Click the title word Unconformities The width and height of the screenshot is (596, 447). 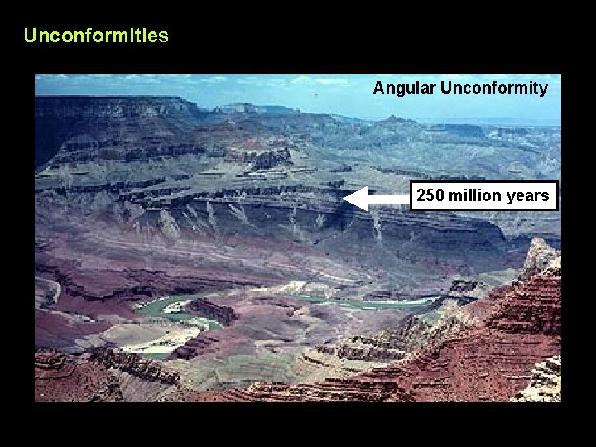pyautogui.click(x=96, y=36)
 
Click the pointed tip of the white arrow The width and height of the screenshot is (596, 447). pyautogui.click(x=344, y=199)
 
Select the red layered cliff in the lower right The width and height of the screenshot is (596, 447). pyautogui.click(x=513, y=331)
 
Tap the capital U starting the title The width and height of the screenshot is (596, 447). pyautogui.click(x=31, y=36)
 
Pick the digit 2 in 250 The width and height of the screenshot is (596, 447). pyautogui.click(x=421, y=196)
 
